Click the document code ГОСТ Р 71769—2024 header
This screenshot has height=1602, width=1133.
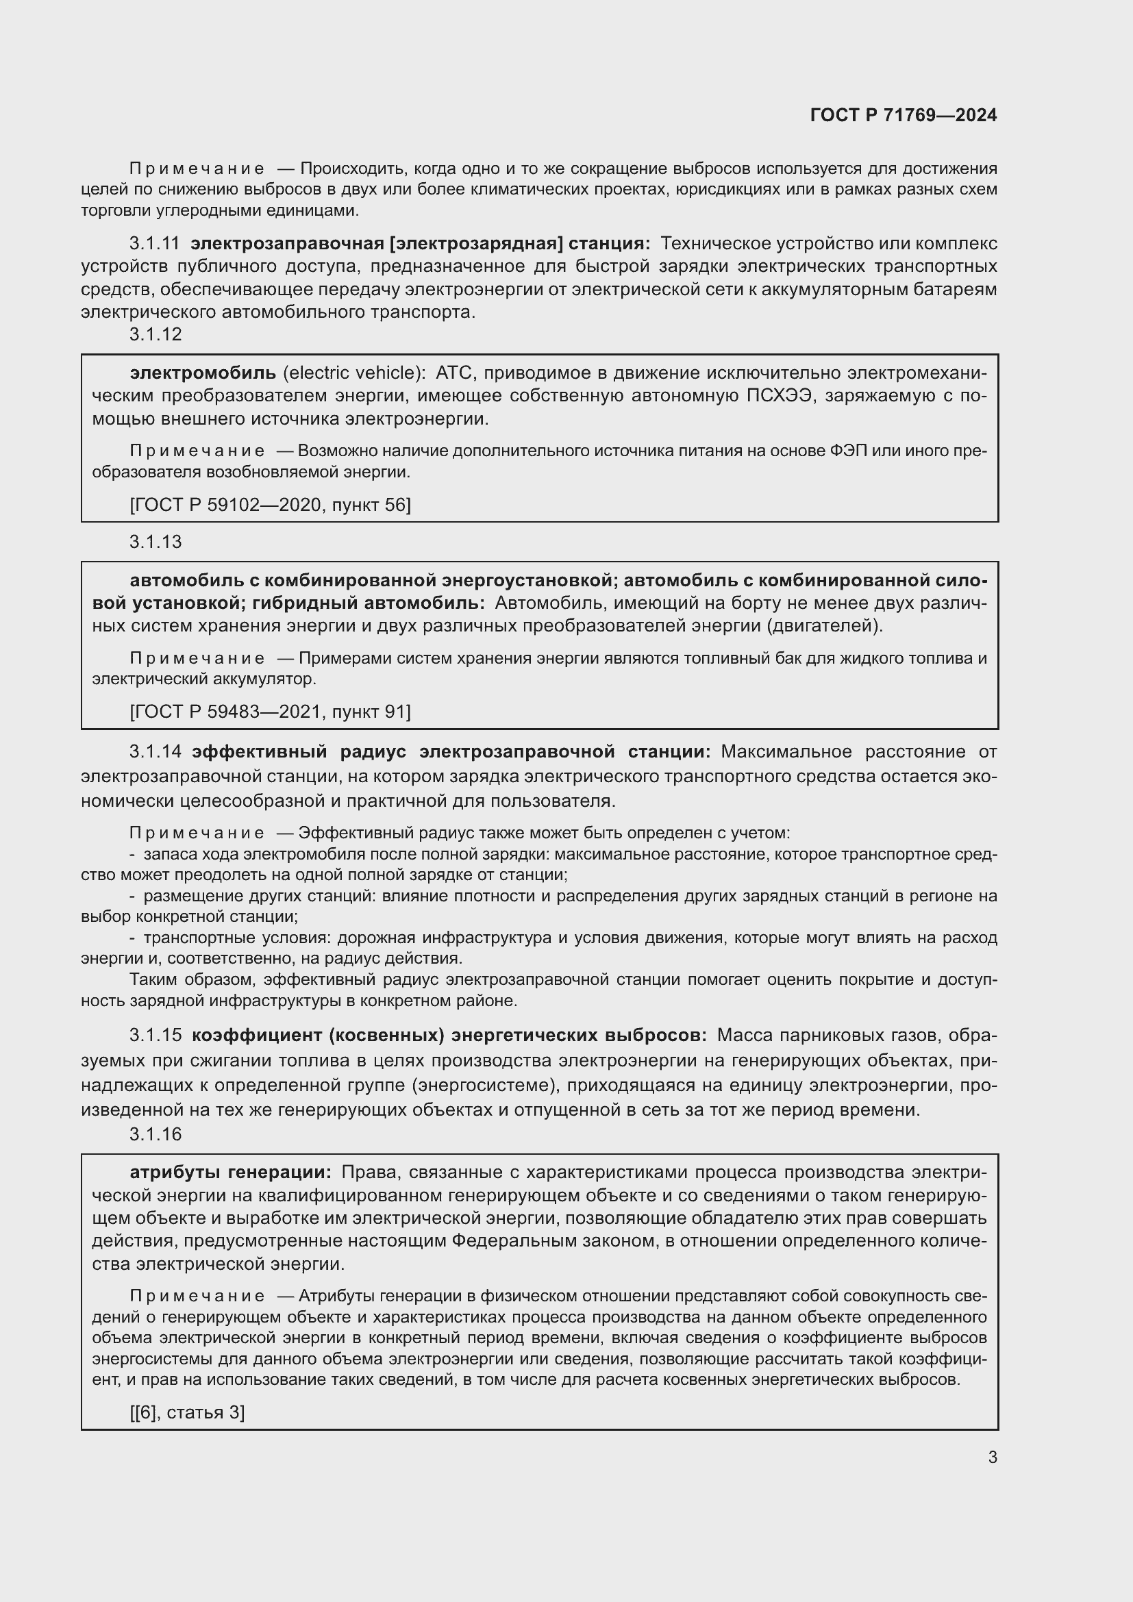(x=903, y=115)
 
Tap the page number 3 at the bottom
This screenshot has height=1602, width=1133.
(x=992, y=1457)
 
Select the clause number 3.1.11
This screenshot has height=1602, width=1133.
(x=154, y=244)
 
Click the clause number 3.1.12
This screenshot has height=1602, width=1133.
(x=155, y=334)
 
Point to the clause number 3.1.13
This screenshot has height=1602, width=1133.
(x=155, y=542)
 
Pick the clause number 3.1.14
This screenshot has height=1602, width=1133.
(x=155, y=751)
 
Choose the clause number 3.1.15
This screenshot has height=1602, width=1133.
(x=155, y=1035)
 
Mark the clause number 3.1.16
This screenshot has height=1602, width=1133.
(x=155, y=1134)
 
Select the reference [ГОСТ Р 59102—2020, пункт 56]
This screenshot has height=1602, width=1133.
(x=270, y=505)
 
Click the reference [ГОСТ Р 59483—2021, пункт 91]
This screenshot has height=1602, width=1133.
(x=270, y=712)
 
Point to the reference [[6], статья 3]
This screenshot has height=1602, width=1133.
(x=187, y=1412)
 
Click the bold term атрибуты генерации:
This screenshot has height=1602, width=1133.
(x=231, y=1172)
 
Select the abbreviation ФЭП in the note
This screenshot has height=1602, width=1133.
(x=849, y=451)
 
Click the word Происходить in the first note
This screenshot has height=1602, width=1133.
(x=353, y=168)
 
